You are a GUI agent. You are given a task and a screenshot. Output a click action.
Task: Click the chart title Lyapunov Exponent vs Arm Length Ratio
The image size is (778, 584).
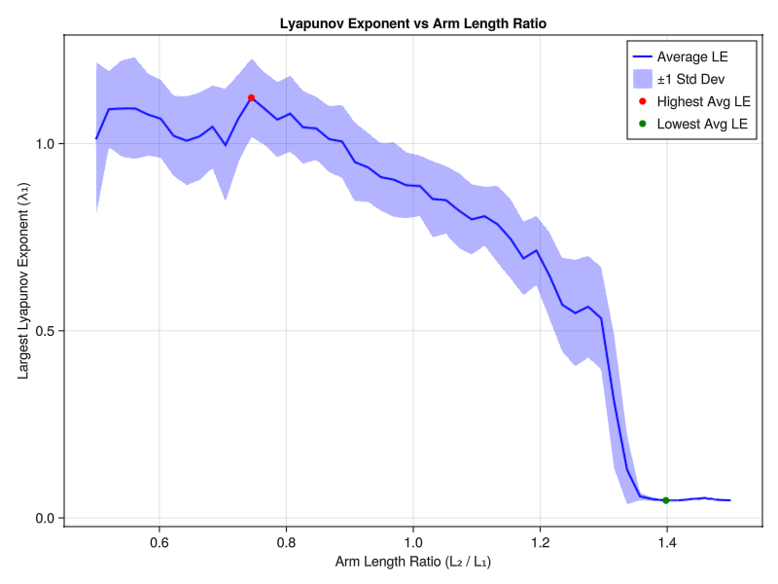pyautogui.click(x=413, y=21)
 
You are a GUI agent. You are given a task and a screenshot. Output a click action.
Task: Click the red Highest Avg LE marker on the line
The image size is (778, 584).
pyautogui.click(x=251, y=97)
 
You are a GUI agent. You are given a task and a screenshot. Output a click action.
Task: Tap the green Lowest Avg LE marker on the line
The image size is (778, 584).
pyautogui.click(x=666, y=500)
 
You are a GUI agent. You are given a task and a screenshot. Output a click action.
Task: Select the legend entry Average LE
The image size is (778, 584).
pyautogui.click(x=691, y=56)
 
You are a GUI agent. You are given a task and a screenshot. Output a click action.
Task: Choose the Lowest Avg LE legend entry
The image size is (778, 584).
pyautogui.click(x=701, y=124)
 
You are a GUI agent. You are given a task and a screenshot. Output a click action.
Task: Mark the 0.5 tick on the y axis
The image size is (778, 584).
pyautogui.click(x=43, y=331)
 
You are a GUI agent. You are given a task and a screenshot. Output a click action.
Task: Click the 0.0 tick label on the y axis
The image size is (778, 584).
pyautogui.click(x=43, y=518)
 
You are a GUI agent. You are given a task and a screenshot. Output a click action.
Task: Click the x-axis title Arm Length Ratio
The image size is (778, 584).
pyautogui.click(x=413, y=563)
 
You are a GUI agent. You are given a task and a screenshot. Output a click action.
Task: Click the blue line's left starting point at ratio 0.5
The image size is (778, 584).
pyautogui.click(x=96, y=138)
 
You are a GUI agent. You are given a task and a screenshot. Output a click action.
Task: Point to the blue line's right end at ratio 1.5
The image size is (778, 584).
pyautogui.click(x=730, y=500)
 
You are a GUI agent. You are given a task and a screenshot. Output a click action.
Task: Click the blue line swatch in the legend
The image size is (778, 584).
pyautogui.click(x=642, y=56)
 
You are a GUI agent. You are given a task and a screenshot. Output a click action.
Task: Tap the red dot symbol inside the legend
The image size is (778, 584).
pyautogui.click(x=642, y=101)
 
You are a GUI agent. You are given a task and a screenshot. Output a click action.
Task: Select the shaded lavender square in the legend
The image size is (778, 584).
pyautogui.click(x=642, y=79)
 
